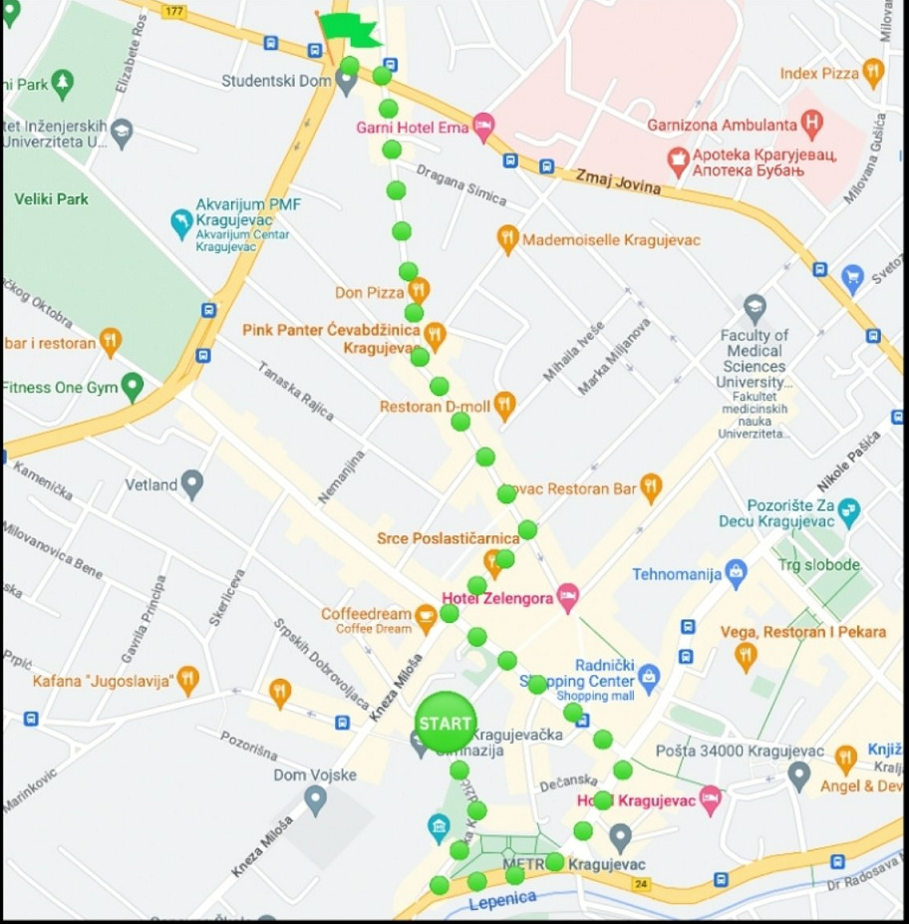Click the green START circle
pyautogui.click(x=445, y=722)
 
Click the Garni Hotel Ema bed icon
pyautogui.click(x=483, y=127)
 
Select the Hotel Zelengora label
pyautogui.click(x=496, y=598)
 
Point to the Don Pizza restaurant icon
pyautogui.click(x=419, y=291)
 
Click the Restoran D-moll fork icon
pyautogui.click(x=504, y=406)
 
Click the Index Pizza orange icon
pyautogui.click(x=873, y=72)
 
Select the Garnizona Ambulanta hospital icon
pyautogui.click(x=812, y=125)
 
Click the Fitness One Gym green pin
pyautogui.click(x=132, y=387)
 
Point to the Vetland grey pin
pyautogui.click(x=192, y=485)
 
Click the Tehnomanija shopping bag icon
pyautogui.click(x=736, y=573)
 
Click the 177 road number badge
pyautogui.click(x=174, y=11)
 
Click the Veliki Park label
pyautogui.click(x=51, y=199)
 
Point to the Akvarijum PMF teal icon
pyautogui.click(x=181, y=223)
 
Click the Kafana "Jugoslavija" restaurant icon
pyautogui.click(x=187, y=681)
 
